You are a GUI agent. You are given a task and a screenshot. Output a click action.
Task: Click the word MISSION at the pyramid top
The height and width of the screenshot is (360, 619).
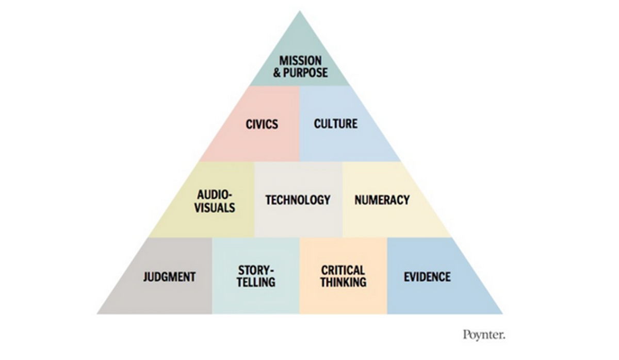[x=300, y=60]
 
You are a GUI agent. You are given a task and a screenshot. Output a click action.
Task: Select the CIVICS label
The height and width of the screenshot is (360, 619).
[x=262, y=124]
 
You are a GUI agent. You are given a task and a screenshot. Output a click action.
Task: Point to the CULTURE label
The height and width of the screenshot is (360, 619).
[x=335, y=124]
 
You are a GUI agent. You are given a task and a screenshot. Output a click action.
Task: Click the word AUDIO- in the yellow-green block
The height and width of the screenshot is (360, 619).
[x=215, y=194]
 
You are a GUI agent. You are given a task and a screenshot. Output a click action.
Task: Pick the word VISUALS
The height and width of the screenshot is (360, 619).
[x=216, y=207]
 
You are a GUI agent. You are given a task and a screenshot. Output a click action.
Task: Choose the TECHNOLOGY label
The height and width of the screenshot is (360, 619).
[x=298, y=200]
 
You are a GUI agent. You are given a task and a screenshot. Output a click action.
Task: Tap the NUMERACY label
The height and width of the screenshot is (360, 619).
[x=382, y=200]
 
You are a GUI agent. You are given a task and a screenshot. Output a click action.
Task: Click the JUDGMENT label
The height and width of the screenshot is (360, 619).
[x=169, y=276]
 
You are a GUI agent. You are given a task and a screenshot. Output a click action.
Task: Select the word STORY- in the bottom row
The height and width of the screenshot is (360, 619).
[x=256, y=270]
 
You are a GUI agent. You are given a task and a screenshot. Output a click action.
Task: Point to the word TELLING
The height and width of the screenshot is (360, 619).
[x=256, y=283]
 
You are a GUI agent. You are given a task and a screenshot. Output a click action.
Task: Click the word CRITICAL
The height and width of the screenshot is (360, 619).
[x=343, y=270]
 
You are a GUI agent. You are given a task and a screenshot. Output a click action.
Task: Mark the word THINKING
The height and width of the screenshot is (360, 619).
[x=343, y=283]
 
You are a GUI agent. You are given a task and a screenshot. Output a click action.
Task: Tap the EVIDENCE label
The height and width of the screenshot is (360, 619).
[x=427, y=276]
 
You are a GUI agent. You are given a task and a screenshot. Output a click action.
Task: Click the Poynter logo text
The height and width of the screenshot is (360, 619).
[x=483, y=335]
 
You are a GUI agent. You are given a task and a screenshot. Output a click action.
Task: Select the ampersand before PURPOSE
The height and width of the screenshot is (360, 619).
[x=277, y=73]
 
